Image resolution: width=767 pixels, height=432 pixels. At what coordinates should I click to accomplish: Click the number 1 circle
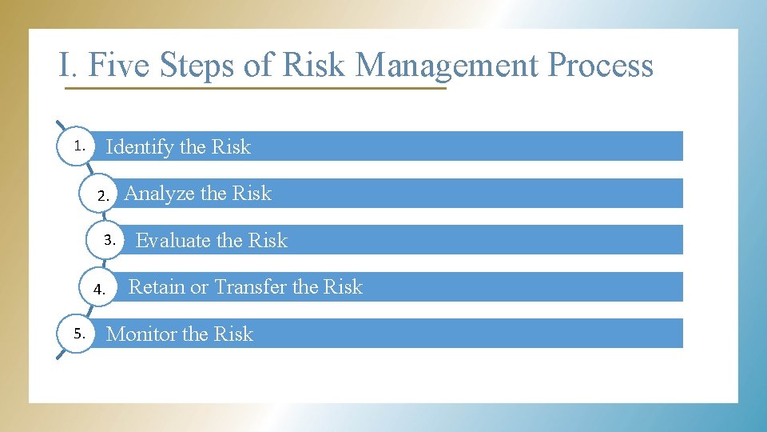click(x=77, y=146)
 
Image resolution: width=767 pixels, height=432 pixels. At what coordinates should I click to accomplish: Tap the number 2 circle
click(x=102, y=194)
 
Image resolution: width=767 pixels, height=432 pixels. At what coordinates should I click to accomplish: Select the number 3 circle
click(x=109, y=240)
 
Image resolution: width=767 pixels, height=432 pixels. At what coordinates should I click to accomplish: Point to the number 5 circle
click(x=77, y=334)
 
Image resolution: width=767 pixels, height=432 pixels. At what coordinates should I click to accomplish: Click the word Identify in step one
click(x=140, y=147)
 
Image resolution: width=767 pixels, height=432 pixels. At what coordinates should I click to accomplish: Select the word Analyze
click(x=159, y=194)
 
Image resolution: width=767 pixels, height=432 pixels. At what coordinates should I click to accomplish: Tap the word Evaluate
click(x=173, y=241)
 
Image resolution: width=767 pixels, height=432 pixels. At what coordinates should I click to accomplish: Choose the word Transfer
click(x=250, y=287)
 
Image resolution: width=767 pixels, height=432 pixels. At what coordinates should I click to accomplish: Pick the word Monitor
click(x=141, y=334)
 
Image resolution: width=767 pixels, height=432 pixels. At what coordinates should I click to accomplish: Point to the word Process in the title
click(x=600, y=65)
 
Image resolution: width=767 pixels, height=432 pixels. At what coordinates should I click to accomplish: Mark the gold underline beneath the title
click(x=252, y=88)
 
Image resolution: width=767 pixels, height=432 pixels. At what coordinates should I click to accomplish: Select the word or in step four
click(x=199, y=287)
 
